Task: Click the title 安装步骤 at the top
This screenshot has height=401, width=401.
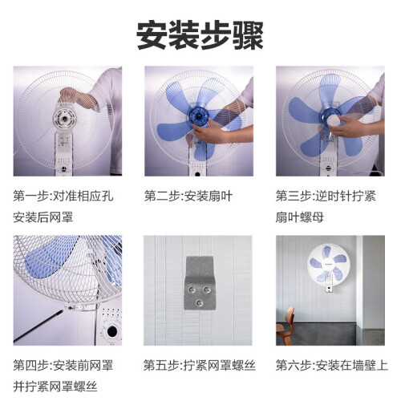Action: tap(200, 35)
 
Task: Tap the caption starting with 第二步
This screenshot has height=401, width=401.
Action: tap(188, 196)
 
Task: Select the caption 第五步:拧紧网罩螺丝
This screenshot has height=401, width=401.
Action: tap(200, 366)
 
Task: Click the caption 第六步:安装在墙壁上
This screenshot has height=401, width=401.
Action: tap(331, 366)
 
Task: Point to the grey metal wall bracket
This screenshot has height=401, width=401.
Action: tap(200, 283)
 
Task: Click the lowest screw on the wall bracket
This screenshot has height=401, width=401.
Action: tap(199, 303)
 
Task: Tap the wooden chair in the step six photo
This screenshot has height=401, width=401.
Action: tap(285, 326)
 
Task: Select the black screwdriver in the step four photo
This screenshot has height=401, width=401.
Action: tap(38, 326)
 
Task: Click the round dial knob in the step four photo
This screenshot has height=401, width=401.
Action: tap(112, 331)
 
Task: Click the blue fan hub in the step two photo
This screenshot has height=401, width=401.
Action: tap(198, 116)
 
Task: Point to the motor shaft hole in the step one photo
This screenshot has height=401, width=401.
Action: tap(64, 119)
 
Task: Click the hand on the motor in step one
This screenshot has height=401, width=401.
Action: tap(78, 99)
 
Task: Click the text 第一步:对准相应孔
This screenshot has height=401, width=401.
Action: tap(63, 196)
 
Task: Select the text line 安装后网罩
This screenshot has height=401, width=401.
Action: tap(43, 217)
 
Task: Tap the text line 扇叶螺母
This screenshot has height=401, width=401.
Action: tap(299, 217)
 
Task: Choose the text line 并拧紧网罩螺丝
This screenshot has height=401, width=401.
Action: tap(55, 387)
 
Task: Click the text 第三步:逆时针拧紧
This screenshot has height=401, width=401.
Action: tap(326, 196)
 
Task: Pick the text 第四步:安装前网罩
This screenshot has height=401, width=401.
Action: tap(63, 366)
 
